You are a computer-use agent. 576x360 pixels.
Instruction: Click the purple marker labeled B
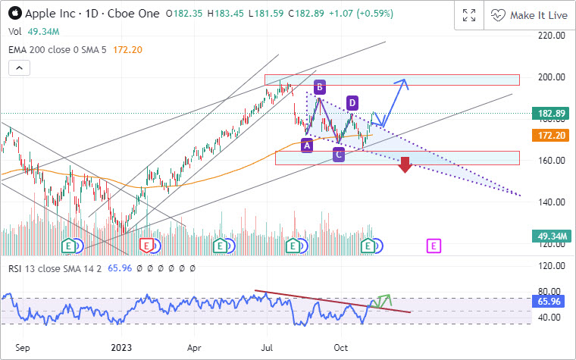click(320, 86)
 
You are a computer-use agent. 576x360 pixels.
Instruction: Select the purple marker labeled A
click(307, 145)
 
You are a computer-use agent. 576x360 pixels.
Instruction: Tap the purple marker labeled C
click(339, 155)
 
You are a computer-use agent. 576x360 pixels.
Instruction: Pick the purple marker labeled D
click(352, 102)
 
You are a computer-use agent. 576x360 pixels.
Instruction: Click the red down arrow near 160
click(405, 164)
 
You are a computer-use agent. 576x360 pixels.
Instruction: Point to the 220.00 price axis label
click(551, 35)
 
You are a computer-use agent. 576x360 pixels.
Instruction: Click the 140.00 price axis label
click(551, 202)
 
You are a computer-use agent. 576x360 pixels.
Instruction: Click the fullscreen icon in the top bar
click(468, 15)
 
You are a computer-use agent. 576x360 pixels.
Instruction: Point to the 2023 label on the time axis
click(121, 347)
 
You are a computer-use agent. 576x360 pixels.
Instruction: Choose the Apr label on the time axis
click(195, 347)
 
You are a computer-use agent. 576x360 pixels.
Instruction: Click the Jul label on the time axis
click(267, 347)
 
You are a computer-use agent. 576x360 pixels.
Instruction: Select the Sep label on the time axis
click(23, 347)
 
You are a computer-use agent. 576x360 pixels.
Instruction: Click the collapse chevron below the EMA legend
click(20, 68)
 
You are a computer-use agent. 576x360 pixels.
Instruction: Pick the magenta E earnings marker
click(434, 246)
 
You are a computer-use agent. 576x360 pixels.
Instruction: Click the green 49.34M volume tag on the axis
click(553, 237)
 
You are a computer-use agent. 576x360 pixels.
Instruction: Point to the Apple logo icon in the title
click(14, 14)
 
